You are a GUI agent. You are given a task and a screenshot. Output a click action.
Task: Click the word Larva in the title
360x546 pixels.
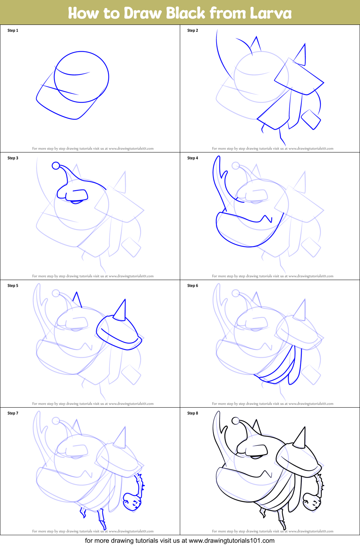pyautogui.click(x=271, y=13)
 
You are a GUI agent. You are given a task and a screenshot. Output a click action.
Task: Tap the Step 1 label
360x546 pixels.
pyautogui.click(x=13, y=31)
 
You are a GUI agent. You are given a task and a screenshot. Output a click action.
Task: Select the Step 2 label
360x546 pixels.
pyautogui.click(x=192, y=31)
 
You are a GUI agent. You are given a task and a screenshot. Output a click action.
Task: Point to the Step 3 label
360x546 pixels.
pyautogui.click(x=13, y=158)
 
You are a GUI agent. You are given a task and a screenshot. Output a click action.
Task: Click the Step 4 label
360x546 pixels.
pyautogui.click(x=192, y=158)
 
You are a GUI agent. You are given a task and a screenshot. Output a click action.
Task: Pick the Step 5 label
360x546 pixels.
pyautogui.click(x=13, y=286)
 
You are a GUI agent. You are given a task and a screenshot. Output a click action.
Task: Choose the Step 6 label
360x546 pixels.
pyautogui.click(x=192, y=286)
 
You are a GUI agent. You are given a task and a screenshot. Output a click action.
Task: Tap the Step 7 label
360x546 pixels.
pyautogui.click(x=13, y=413)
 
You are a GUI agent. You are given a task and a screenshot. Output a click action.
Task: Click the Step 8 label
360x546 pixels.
pyautogui.click(x=192, y=413)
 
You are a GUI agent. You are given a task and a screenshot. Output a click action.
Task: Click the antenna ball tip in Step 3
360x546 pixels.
pyautogui.click(x=56, y=165)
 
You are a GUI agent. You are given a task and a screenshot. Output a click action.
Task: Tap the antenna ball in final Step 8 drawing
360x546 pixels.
pyautogui.click(x=235, y=421)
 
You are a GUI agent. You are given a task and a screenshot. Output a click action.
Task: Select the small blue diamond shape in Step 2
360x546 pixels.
pyautogui.click(x=311, y=120)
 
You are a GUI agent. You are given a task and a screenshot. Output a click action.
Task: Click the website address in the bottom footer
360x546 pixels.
pyautogui.click(x=231, y=541)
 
